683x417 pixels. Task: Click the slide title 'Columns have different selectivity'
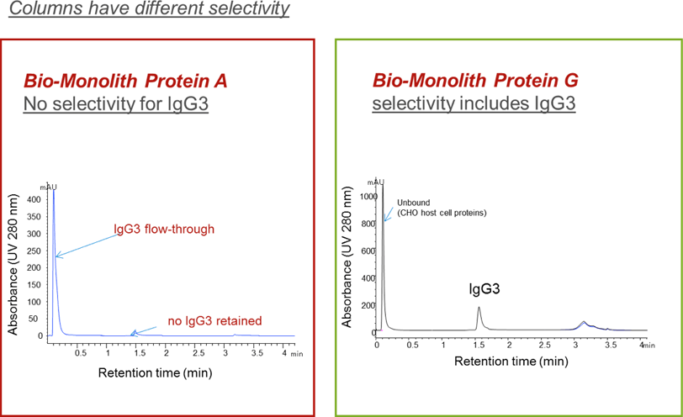tap(146, 11)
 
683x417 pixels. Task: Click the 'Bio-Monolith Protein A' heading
tap(124, 82)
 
